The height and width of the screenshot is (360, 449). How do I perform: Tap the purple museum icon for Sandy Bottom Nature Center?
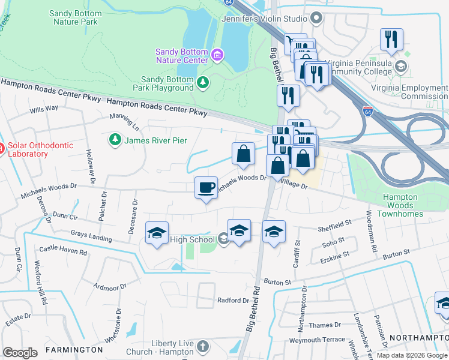pyautogui.click(x=217, y=56)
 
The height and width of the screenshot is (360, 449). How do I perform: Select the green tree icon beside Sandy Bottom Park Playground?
pyautogui.click(x=203, y=83)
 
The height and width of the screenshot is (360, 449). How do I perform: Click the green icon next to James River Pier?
pyautogui.click(x=115, y=140)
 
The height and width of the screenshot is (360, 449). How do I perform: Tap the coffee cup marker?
pyautogui.click(x=206, y=187)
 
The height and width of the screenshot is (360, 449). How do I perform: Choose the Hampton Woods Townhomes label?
pyautogui.click(x=400, y=205)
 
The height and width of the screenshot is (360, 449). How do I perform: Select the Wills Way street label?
pyautogui.click(x=44, y=109)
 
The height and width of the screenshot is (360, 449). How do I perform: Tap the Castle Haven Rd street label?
pyautogui.click(x=63, y=249)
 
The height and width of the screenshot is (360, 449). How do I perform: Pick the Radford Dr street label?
pyautogui.click(x=233, y=300)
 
